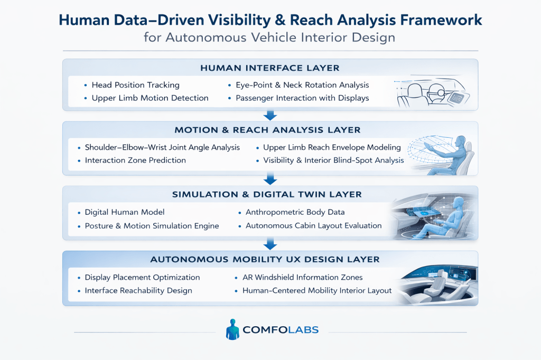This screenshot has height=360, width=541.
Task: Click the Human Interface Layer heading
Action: [270, 68]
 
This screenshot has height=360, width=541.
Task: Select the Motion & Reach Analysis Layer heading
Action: [270, 130]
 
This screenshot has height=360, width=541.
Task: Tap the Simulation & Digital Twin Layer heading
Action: [270, 194]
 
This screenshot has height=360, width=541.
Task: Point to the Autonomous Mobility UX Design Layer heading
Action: [270, 259]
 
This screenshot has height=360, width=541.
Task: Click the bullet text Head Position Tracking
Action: [135, 85]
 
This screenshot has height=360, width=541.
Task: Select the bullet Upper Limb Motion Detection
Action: [150, 98]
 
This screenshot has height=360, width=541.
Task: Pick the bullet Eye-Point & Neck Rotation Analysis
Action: [302, 85]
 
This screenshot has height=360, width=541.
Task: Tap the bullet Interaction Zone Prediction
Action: [135, 160]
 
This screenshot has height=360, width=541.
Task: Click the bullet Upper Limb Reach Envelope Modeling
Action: [332, 147]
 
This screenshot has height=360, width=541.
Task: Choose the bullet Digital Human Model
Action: [125, 212]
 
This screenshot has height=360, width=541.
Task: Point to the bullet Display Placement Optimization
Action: [142, 277]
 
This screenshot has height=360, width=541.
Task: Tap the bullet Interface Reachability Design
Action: [138, 290]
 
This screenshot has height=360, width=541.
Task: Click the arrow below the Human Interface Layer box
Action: [270, 115]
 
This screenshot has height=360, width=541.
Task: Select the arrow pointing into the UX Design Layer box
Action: [270, 244]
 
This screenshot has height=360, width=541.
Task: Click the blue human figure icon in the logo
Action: [232, 329]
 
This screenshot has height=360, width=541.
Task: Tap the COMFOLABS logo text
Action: [281, 330]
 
